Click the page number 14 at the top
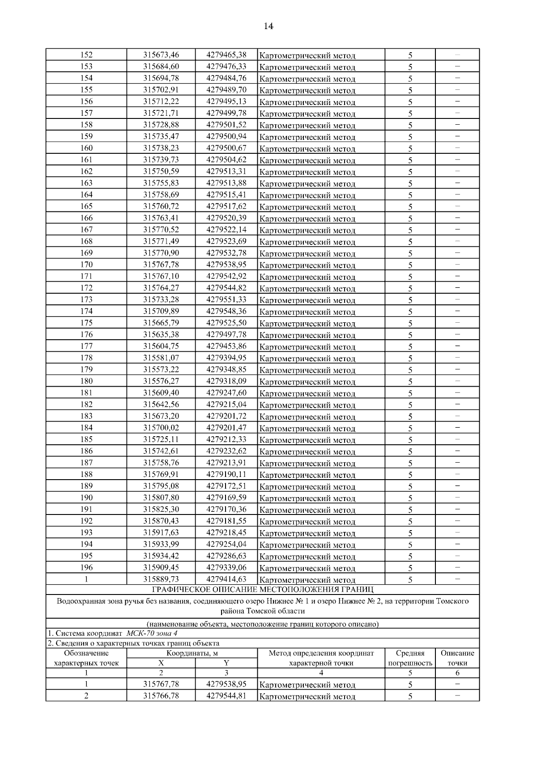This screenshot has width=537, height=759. [x=268, y=26]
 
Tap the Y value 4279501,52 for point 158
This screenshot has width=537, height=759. [x=226, y=125]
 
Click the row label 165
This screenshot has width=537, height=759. [x=86, y=206]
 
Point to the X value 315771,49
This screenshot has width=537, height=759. [x=161, y=241]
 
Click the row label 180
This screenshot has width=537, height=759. [x=86, y=381]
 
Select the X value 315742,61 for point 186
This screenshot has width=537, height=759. [x=161, y=451]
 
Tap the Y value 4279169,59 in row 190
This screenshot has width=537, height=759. [x=226, y=498]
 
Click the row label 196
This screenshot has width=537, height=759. [x=86, y=568]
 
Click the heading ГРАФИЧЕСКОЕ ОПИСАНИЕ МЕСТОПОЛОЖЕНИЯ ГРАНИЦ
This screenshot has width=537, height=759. [x=263, y=590]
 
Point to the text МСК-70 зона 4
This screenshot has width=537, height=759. [x=154, y=633]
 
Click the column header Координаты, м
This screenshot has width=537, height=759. [x=192, y=653]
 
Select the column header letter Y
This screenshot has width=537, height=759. [x=226, y=663]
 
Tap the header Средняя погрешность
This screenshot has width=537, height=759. [x=410, y=658]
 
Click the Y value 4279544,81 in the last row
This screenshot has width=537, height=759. [x=226, y=696]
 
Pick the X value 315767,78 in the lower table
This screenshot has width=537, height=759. [x=161, y=684]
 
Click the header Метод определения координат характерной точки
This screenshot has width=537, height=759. [x=321, y=658]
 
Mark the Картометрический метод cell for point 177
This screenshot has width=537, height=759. [x=307, y=347]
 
